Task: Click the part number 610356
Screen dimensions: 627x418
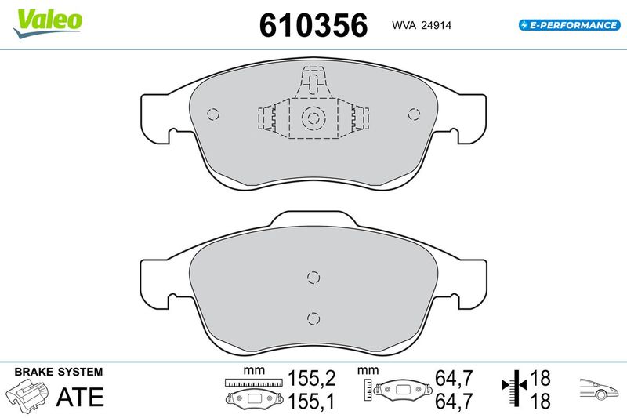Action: coord(313,25)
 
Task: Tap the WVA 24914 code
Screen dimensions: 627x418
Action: coord(422,25)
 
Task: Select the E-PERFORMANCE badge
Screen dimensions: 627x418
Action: coord(570,25)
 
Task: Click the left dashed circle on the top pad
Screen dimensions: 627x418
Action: coord(213,114)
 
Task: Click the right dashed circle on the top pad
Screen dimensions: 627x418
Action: coord(415,114)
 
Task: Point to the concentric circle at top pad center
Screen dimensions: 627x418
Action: coord(313,118)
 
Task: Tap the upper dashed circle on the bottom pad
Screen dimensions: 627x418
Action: coord(313,277)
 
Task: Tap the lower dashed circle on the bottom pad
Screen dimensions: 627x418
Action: coord(313,318)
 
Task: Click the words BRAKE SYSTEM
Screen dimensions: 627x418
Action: coord(59,372)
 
